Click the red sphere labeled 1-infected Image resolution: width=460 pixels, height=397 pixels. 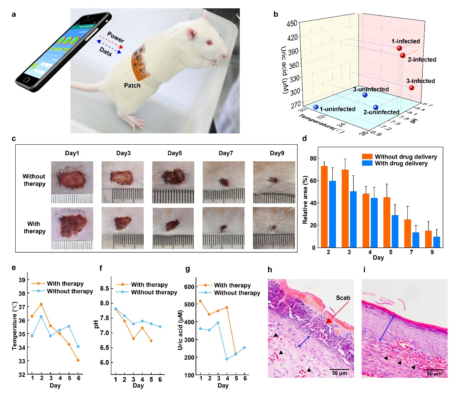pos(399,48)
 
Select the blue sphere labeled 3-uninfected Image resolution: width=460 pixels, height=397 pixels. pos(365,95)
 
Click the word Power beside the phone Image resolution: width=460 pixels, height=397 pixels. pos(115,37)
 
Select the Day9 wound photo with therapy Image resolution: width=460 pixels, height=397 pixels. pos(274,228)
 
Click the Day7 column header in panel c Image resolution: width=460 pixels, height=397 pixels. pos(226,153)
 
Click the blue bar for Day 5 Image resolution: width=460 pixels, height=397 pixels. pos(395,231)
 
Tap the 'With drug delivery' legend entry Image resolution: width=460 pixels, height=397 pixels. pos(401,164)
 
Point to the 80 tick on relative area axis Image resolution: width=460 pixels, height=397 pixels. pos(313,158)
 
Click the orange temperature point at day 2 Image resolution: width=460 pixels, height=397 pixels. pos(41,304)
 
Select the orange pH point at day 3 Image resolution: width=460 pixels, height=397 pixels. pos(133,339)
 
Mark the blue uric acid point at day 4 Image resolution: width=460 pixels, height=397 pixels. pos(227,359)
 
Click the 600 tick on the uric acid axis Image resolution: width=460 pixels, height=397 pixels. pos(189,286)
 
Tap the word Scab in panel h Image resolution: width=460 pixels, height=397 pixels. pos(343,298)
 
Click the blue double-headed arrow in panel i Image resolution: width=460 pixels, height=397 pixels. pos(387,328)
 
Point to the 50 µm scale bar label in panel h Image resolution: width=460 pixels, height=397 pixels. pos(340,373)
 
